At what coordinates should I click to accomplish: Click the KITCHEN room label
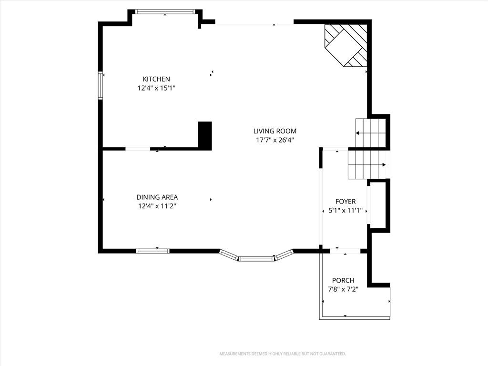(x=156, y=79)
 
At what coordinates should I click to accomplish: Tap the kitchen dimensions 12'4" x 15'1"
(x=156, y=88)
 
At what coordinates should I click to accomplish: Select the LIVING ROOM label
(x=275, y=131)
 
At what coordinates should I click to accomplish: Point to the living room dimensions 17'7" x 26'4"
(x=275, y=140)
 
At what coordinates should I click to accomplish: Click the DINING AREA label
(x=157, y=197)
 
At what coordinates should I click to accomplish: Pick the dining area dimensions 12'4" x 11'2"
(x=157, y=206)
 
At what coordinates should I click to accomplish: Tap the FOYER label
(x=346, y=202)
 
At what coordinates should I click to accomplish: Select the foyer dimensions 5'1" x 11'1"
(x=346, y=210)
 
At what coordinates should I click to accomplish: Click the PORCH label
(x=343, y=280)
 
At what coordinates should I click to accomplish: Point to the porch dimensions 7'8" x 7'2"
(x=343, y=289)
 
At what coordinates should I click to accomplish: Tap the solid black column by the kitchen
(x=205, y=136)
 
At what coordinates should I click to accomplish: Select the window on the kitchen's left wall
(x=101, y=85)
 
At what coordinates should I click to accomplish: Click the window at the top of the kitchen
(x=165, y=12)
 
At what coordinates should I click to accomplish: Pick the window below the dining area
(x=153, y=251)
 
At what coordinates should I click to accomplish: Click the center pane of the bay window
(x=256, y=259)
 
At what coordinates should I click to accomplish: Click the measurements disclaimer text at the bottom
(x=283, y=354)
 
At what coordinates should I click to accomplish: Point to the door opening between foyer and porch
(x=345, y=251)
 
